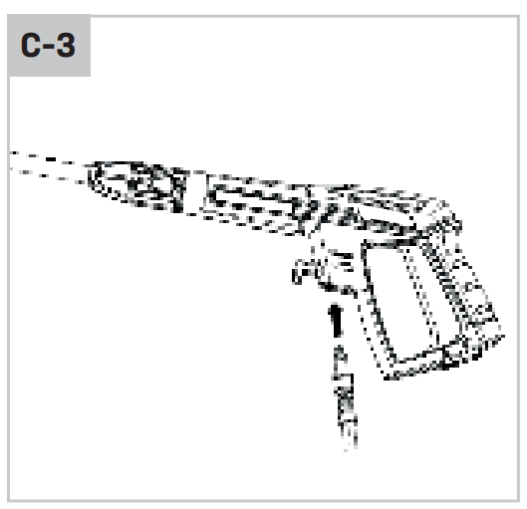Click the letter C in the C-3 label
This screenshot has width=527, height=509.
(x=32, y=45)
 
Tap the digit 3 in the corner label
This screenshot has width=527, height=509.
(x=65, y=45)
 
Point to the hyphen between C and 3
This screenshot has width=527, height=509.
(x=49, y=47)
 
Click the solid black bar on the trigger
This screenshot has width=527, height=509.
(x=336, y=320)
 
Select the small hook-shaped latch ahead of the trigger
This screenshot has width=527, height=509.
(x=304, y=272)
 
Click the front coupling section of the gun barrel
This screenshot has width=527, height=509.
(x=137, y=185)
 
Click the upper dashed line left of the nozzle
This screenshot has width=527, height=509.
(x=43, y=157)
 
